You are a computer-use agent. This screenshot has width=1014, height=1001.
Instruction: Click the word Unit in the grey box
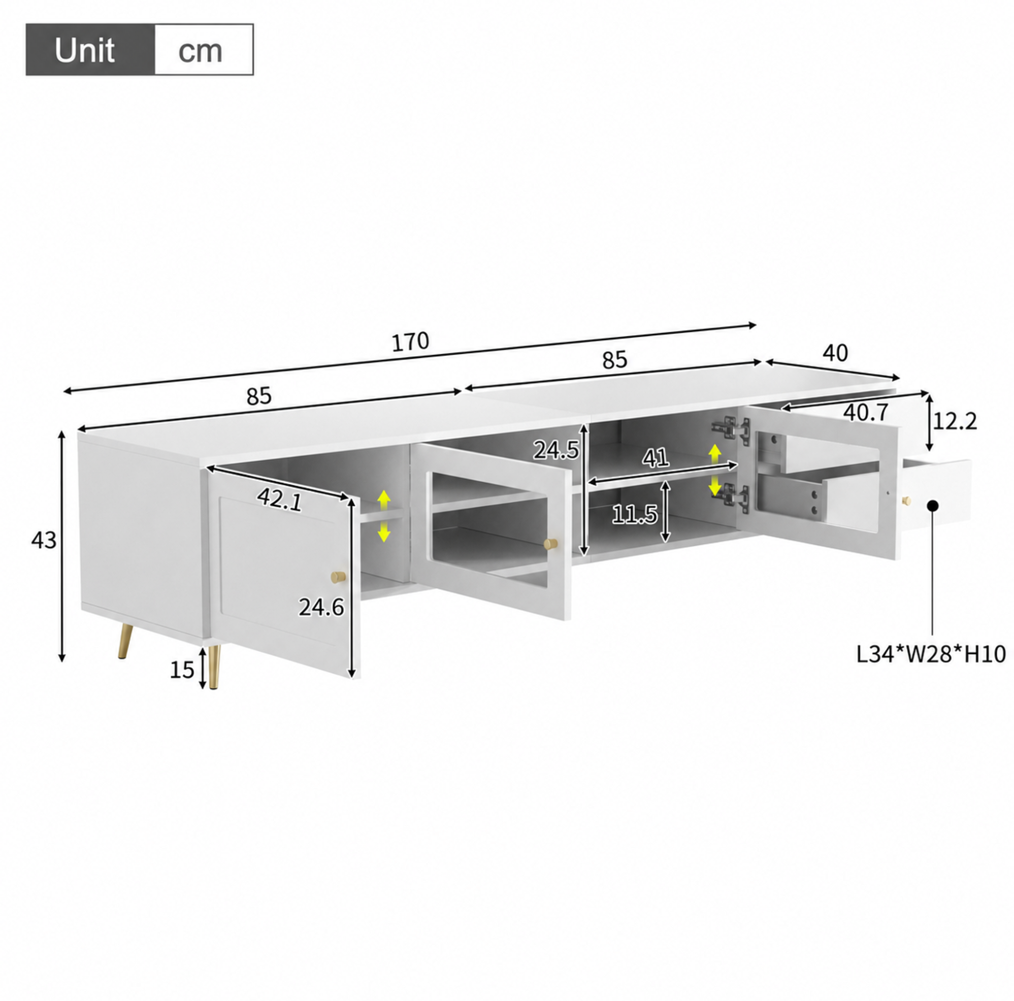[x=84, y=50]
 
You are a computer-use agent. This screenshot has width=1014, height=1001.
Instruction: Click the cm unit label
[x=200, y=51]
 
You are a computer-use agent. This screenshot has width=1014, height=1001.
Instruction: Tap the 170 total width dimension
[x=410, y=342]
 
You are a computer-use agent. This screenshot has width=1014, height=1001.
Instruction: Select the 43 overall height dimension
[x=44, y=540]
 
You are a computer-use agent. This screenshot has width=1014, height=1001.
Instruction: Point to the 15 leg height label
[x=182, y=670]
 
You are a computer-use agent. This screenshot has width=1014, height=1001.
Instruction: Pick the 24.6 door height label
[x=321, y=608]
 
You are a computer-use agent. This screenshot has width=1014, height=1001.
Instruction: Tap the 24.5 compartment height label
[x=557, y=450]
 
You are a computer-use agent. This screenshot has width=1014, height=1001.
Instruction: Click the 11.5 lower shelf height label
[x=635, y=515]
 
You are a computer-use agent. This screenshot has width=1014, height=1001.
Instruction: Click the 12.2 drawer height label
[x=955, y=421]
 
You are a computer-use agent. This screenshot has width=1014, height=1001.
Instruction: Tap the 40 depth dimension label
[x=835, y=354]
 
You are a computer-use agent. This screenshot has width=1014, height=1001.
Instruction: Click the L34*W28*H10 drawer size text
[x=931, y=654]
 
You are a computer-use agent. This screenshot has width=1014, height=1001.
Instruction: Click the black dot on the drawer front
[x=933, y=506]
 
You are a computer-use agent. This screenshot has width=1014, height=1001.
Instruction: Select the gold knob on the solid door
[x=339, y=577]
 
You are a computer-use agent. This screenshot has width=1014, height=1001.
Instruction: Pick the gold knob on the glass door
[x=550, y=544]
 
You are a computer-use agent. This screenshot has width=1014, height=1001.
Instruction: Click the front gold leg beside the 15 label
[x=214, y=667]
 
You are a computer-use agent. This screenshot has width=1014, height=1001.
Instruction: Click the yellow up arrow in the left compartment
[x=384, y=501]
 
